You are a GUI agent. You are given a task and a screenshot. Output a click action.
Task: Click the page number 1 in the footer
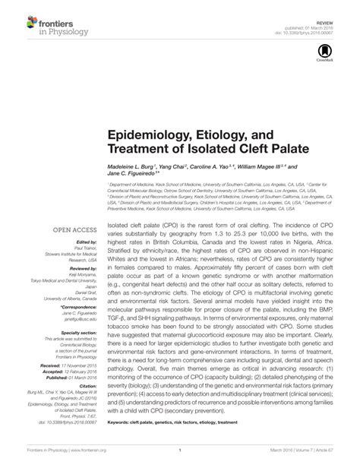point(179,460)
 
